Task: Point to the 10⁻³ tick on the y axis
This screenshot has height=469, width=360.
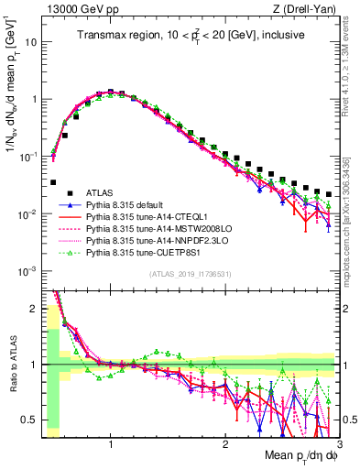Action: tap(27, 270)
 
